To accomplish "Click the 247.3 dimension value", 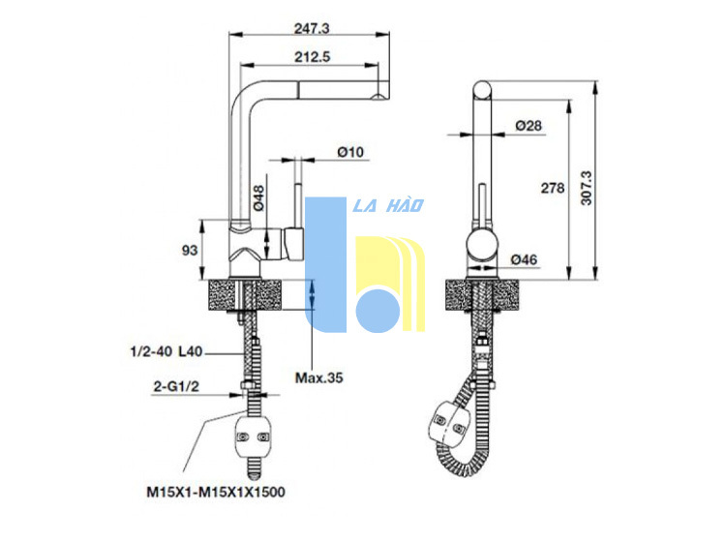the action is click(x=312, y=29).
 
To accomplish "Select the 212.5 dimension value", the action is click(x=313, y=57).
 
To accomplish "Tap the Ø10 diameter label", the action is click(x=350, y=152).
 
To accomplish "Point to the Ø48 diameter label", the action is click(x=258, y=198).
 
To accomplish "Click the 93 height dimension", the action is click(x=190, y=251).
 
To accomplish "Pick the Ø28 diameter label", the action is click(x=529, y=126).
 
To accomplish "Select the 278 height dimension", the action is click(x=553, y=188).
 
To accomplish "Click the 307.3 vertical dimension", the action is click(x=587, y=188).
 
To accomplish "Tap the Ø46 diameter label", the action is click(x=524, y=259).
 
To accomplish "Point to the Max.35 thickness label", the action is click(x=319, y=378).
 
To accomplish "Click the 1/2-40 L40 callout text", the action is click(x=166, y=351).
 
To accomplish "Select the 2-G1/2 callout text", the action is click(x=176, y=386).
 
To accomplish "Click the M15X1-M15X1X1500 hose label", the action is click(x=216, y=492).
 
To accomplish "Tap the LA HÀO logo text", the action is click(x=388, y=205).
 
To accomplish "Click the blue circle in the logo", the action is click(x=378, y=311).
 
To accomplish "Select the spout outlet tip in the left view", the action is click(x=380, y=96).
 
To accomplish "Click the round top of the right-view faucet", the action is click(x=482, y=90).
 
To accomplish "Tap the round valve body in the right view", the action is click(x=482, y=246).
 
